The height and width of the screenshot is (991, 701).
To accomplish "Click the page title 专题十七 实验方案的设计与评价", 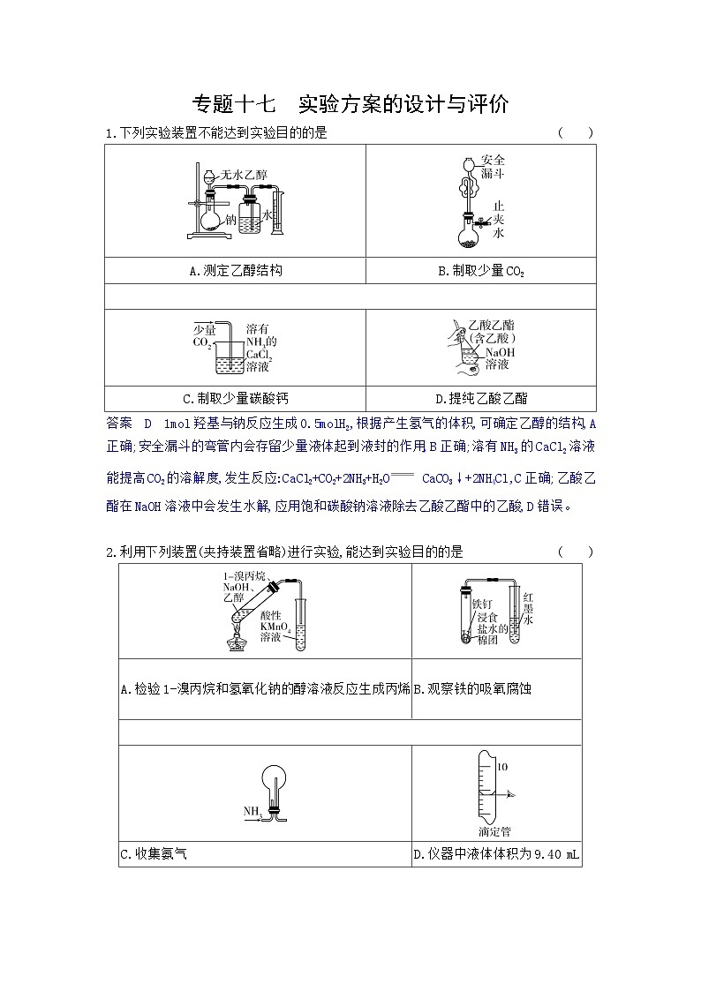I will pyautogui.click(x=350, y=104).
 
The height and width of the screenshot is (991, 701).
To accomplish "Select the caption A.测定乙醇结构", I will pyautogui.click(x=236, y=271).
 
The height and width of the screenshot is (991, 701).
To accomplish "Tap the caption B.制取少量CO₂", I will pyautogui.click(x=481, y=271).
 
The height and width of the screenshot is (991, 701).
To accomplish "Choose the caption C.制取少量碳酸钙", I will pyautogui.click(x=235, y=399).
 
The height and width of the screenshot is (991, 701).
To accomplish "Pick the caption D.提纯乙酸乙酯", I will pyautogui.click(x=481, y=399).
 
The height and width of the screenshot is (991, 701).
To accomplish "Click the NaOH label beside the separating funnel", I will pyautogui.click(x=500, y=352).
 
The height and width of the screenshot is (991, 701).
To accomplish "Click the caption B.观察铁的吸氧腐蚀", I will pyautogui.click(x=472, y=688).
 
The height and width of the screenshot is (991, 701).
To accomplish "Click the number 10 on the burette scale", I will pyautogui.click(x=501, y=768).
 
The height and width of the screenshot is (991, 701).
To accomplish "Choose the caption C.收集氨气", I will pyautogui.click(x=153, y=854).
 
